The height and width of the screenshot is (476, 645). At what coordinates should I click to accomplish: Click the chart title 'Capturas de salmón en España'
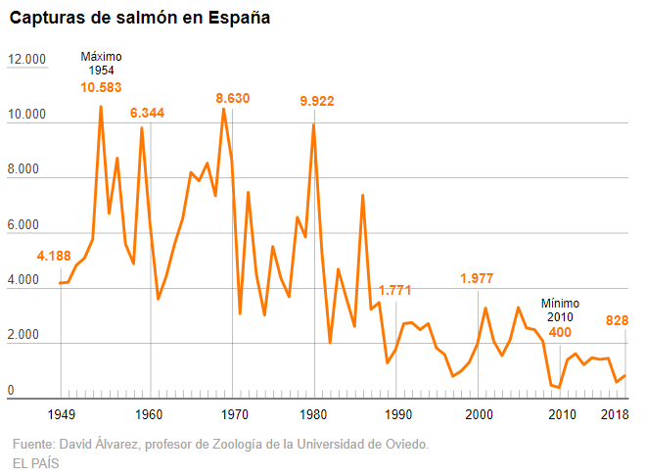[x=141, y=19]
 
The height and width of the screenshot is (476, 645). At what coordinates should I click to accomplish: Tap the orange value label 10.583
[x=101, y=88]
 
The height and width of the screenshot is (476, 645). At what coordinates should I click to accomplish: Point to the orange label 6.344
[x=147, y=113]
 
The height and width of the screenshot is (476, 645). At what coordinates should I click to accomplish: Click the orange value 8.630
[x=233, y=98]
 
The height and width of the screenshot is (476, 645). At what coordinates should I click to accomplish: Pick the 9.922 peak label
[x=317, y=101]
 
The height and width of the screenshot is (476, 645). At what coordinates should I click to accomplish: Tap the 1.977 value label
[x=478, y=278]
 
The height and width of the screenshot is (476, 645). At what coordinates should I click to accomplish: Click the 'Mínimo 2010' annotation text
[x=561, y=310]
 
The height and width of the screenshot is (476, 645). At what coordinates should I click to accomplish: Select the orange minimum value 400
[x=560, y=333]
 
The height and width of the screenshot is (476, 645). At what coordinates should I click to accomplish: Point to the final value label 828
[x=617, y=320]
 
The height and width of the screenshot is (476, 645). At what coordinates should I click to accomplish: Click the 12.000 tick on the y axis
[x=27, y=60]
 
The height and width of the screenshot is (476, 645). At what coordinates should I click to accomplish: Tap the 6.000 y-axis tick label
[x=27, y=226]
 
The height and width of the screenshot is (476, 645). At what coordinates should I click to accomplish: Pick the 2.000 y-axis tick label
[x=27, y=337]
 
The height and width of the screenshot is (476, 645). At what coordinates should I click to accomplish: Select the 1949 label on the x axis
[x=63, y=414]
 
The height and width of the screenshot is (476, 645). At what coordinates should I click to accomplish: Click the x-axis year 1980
[x=314, y=414]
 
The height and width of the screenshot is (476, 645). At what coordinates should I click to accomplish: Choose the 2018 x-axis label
[x=614, y=414]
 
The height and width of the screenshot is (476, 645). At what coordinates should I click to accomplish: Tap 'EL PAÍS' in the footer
[x=36, y=463]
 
